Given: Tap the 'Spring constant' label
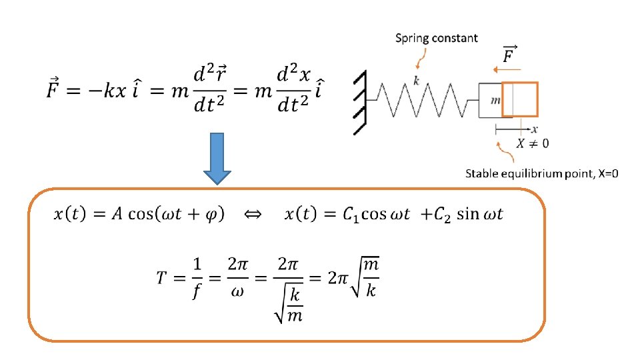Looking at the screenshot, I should tap(437, 38).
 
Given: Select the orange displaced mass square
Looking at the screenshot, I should tap(519, 100).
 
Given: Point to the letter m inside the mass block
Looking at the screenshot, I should tap(495, 100).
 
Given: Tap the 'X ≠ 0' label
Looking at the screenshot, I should tap(533, 143).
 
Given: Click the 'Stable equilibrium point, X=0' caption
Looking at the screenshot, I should tap(541, 174).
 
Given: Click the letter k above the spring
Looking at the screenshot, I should tap(415, 79).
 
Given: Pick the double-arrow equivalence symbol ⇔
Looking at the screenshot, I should tap(253, 214).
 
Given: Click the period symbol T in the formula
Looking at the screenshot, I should tap(163, 277).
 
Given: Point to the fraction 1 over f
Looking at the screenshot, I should tap(198, 277).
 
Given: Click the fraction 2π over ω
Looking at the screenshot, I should tap(238, 277).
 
